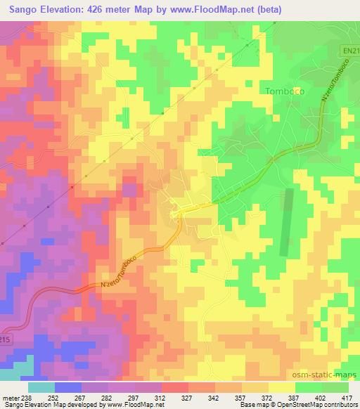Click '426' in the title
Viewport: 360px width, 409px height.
(x=89, y=9)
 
